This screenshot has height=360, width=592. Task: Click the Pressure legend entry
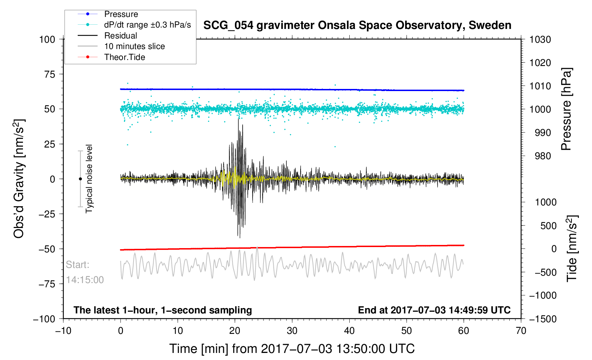click(x=121, y=14)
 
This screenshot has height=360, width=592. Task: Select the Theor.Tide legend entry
click(x=124, y=57)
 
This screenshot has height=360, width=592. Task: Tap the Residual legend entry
click(x=120, y=36)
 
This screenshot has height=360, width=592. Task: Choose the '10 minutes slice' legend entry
click(x=134, y=46)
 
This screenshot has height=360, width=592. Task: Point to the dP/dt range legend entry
click(x=147, y=25)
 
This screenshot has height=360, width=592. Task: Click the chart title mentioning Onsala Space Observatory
click(x=357, y=25)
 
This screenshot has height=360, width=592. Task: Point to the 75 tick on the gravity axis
click(x=50, y=74)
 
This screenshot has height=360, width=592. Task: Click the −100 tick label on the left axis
click(x=44, y=319)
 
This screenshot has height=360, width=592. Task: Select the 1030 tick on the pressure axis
click(x=540, y=40)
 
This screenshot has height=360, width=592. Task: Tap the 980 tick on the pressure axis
click(x=540, y=156)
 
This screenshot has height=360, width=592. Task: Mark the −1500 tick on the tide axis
click(x=543, y=319)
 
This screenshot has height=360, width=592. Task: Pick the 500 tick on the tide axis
click(x=548, y=226)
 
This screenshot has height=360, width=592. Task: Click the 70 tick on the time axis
click(x=521, y=331)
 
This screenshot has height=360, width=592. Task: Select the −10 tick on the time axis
click(x=64, y=331)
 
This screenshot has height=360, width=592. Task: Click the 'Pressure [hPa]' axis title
click(x=566, y=109)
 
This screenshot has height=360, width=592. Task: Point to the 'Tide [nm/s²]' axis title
click(x=571, y=248)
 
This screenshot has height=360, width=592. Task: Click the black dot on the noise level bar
click(x=80, y=179)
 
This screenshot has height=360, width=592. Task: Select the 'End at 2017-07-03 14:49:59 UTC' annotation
click(x=434, y=310)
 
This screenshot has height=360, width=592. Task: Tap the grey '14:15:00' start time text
click(x=85, y=280)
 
